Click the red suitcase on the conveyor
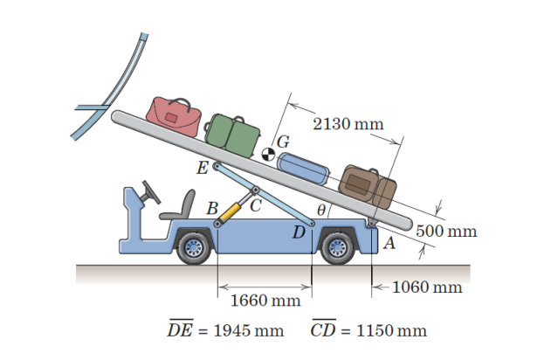(175, 114)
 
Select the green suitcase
(234, 132)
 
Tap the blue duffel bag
(305, 166)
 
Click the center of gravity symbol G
(269, 154)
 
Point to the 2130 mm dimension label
(348, 123)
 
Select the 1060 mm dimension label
(426, 287)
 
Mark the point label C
(256, 206)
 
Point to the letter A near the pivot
(389, 245)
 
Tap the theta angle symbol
(321, 210)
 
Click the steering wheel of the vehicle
(150, 189)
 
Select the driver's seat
(179, 207)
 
